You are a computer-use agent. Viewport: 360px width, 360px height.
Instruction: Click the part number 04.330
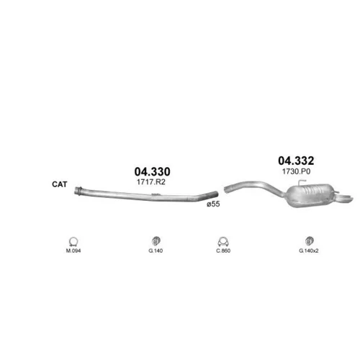[x=152, y=171]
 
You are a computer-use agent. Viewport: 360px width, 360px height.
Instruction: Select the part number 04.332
[x=296, y=161]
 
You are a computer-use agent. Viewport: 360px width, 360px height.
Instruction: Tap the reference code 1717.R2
[x=151, y=182]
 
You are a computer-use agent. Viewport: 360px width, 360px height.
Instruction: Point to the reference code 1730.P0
[x=296, y=171]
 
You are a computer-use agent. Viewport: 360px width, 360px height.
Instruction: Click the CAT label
[x=60, y=184]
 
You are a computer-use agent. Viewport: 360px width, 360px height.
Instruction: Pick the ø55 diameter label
[x=213, y=204]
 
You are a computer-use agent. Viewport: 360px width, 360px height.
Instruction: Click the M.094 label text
[x=73, y=251]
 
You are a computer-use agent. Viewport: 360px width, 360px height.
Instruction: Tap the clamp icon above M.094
[x=73, y=242]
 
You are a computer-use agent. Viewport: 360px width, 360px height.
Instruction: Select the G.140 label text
[x=156, y=251]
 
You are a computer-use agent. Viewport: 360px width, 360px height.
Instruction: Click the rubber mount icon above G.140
[x=156, y=241]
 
